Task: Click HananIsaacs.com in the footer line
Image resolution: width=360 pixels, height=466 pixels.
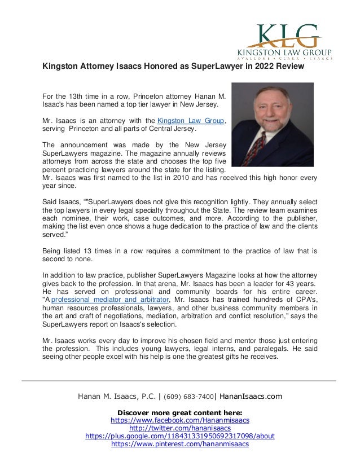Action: [x=250, y=396]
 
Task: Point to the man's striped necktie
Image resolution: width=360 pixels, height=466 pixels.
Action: [x=261, y=150]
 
